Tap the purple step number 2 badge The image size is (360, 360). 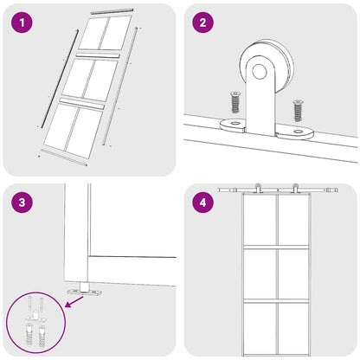click(202, 23)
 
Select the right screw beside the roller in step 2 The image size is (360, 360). click(298, 110)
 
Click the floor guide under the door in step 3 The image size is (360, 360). click(84, 288)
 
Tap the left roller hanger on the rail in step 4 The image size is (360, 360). click(257, 190)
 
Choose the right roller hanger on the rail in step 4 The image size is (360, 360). click(296, 190)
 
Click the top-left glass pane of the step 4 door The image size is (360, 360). click(259, 220)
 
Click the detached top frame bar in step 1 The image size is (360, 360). click(112, 11)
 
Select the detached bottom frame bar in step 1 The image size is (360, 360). click(66, 156)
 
